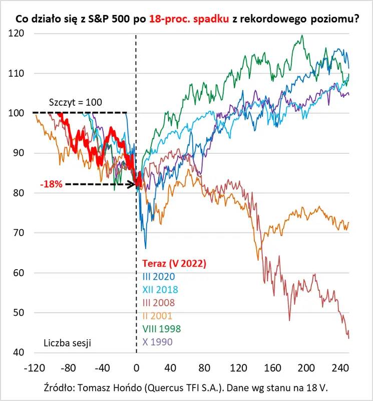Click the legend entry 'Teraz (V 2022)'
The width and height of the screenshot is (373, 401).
pos(174,264)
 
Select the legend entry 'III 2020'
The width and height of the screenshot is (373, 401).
pos(159,277)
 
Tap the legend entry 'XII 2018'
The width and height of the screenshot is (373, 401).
pos(160,290)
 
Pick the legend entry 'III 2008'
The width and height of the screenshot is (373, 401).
pos(159,303)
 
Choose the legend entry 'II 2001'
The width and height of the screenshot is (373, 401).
pos(157,316)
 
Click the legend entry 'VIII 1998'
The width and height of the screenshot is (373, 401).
pos(161,329)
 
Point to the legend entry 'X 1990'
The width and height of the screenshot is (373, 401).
pos(157,342)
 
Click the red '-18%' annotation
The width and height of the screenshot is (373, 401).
pos(52,184)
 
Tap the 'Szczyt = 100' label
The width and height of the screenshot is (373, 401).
pos(76,102)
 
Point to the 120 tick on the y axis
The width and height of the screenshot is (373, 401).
pos(16,33)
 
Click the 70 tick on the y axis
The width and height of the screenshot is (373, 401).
pos(19,233)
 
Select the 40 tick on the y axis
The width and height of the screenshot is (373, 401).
pos(19,352)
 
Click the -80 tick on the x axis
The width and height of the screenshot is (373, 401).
pos(68,368)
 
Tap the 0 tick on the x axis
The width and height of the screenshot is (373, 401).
pos(136,368)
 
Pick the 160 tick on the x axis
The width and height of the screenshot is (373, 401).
pos(272,368)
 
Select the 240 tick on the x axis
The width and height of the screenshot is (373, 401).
pos(340,368)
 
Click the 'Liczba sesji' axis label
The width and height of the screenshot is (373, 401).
pos(68,343)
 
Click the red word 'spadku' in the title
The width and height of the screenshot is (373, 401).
pos(211,19)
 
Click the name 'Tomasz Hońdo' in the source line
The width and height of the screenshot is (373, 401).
pos(110,388)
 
